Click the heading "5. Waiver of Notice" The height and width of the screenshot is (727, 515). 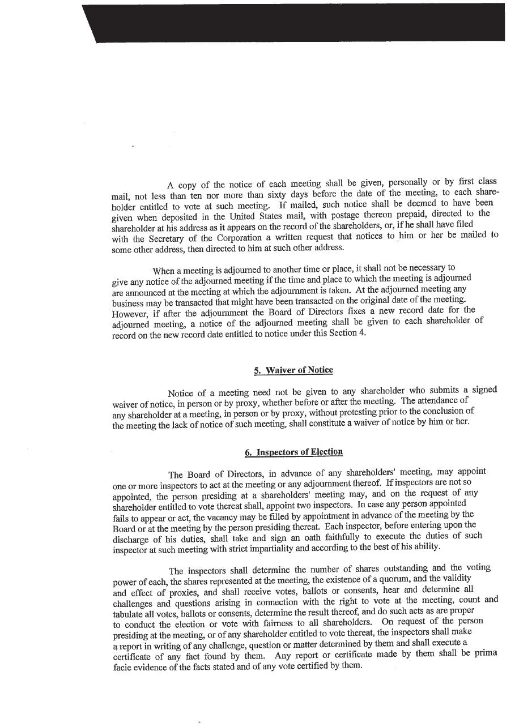(x=293, y=370)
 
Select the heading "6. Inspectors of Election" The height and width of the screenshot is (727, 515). (x=293, y=452)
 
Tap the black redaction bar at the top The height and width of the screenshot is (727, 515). (x=295, y=23)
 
